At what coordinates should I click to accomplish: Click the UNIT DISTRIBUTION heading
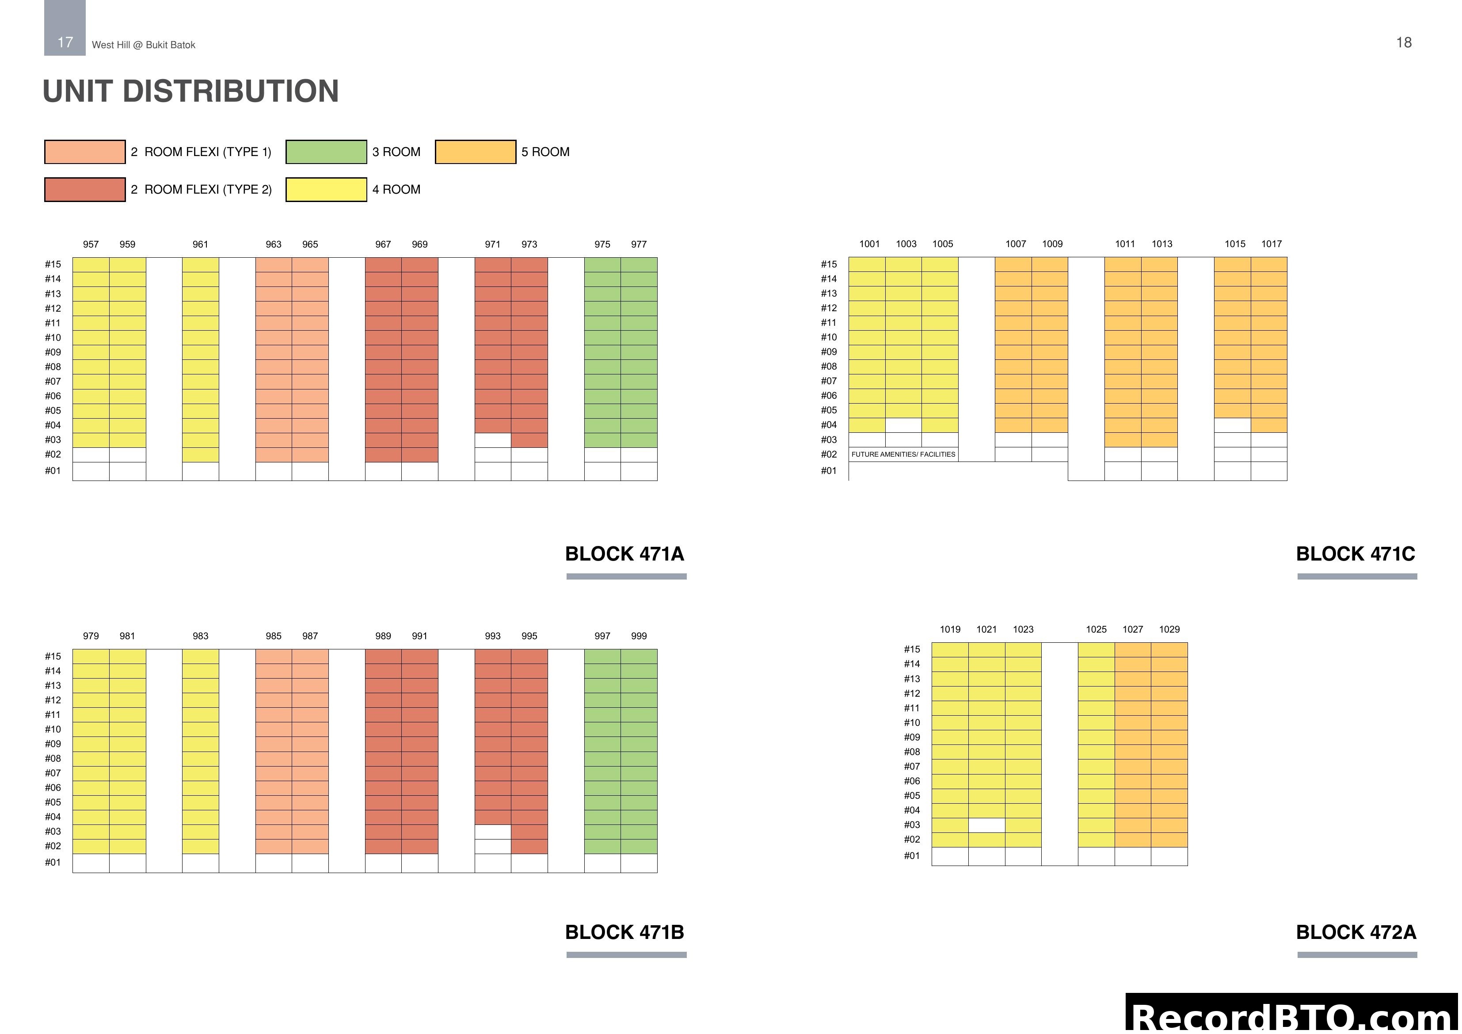click(190, 91)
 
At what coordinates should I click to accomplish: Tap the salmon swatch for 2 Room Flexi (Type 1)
click(85, 152)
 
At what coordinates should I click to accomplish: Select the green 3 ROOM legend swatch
click(326, 152)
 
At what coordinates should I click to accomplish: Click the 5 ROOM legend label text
click(545, 152)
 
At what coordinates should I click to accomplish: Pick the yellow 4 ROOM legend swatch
click(326, 189)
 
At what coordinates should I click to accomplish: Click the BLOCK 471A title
click(624, 553)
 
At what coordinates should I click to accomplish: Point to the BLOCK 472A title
click(1355, 932)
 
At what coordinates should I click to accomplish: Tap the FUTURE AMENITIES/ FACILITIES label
click(903, 454)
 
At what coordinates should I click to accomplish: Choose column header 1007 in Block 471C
click(1016, 244)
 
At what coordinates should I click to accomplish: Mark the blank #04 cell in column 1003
click(903, 425)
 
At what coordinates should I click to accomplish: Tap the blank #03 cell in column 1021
click(986, 825)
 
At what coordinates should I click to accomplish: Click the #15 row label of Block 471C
click(828, 264)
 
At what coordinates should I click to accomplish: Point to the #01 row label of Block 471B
click(53, 862)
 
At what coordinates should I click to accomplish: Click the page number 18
click(1403, 43)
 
